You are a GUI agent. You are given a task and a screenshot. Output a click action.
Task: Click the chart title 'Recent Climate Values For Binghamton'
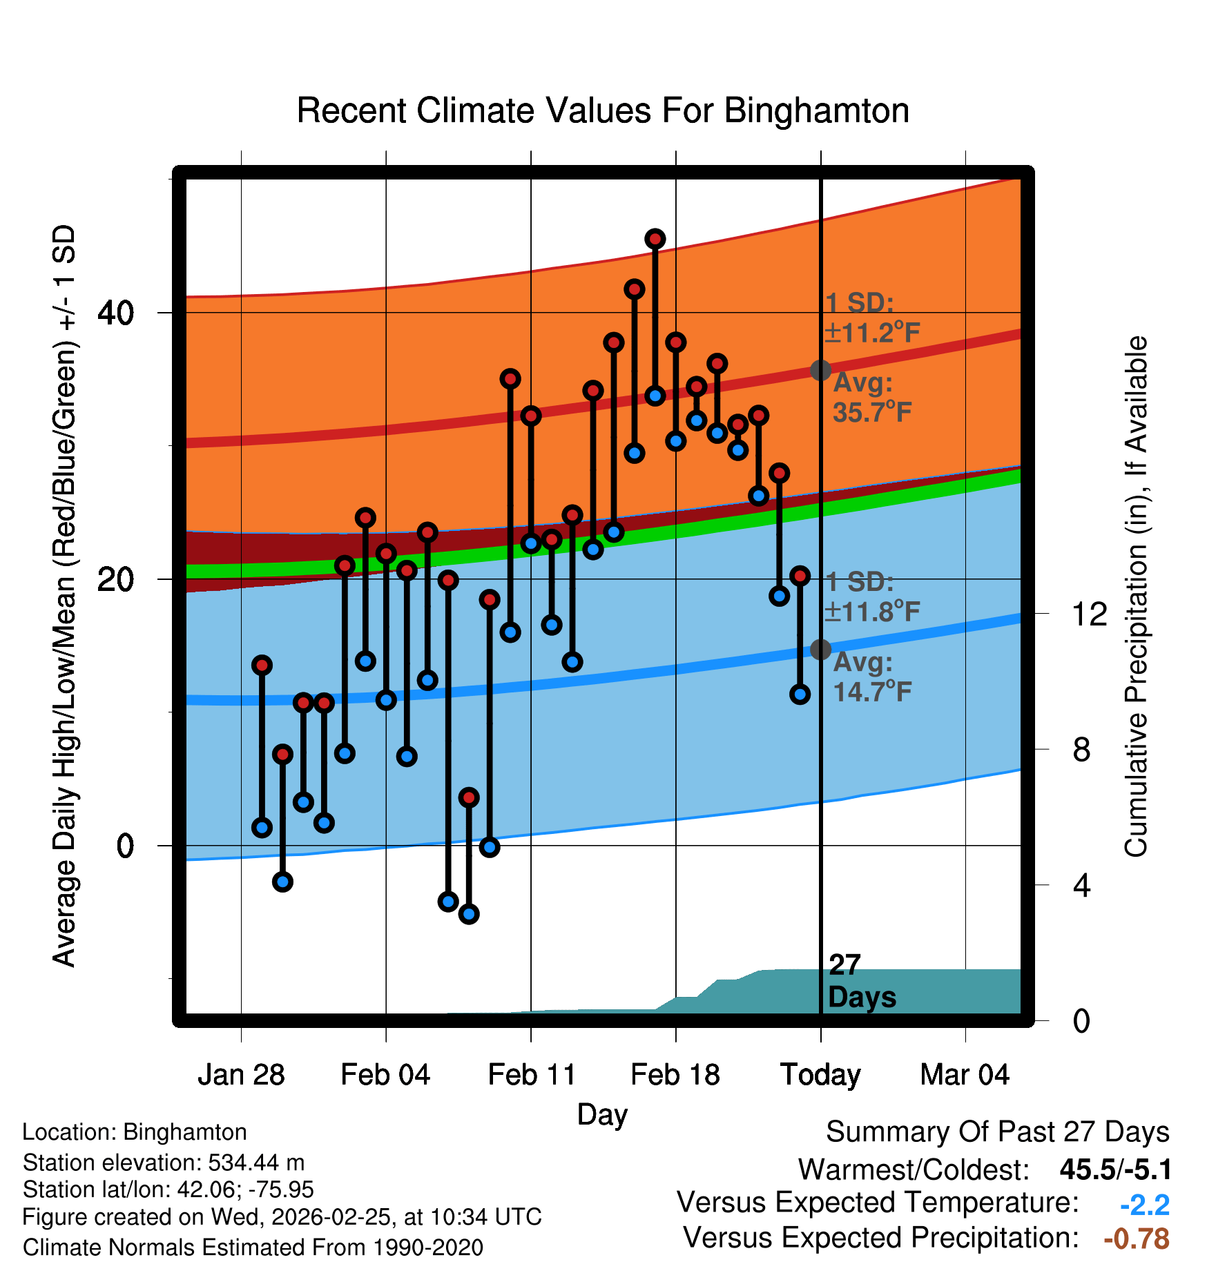[x=603, y=110]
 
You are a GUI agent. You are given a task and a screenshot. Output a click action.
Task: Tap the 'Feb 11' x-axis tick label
[x=531, y=1075]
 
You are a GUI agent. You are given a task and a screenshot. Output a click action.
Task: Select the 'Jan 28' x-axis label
[x=241, y=1075]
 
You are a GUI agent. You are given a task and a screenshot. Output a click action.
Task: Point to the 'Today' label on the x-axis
[x=820, y=1075]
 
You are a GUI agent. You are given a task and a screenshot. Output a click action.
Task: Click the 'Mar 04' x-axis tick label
[x=965, y=1075]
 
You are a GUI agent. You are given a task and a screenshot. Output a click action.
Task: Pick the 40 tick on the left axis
[x=115, y=313]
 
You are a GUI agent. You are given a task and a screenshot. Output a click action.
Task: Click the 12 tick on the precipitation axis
[x=1089, y=614]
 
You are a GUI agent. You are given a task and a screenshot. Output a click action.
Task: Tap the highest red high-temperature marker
[x=655, y=239]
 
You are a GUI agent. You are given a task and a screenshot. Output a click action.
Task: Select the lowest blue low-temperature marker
[x=469, y=914]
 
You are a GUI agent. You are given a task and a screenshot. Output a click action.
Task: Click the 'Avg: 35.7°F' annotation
[x=871, y=398]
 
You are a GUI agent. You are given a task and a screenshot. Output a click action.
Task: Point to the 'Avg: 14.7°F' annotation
[x=871, y=677]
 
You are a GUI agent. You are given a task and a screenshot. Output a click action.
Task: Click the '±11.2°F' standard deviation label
[x=871, y=333]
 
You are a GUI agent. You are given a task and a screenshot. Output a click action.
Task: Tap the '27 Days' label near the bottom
[x=861, y=981]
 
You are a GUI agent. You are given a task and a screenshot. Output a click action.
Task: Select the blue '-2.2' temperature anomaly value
[x=1144, y=1205]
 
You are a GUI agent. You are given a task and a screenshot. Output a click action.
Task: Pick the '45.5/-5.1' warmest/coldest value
[x=1115, y=1169]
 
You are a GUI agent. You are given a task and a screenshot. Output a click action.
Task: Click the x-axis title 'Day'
[x=602, y=1114]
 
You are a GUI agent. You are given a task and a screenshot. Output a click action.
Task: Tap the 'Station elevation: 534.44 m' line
[x=164, y=1163]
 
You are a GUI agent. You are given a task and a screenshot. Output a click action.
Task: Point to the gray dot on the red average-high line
[x=820, y=370]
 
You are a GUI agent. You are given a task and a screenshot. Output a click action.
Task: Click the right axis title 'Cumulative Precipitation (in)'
[x=1136, y=597]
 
